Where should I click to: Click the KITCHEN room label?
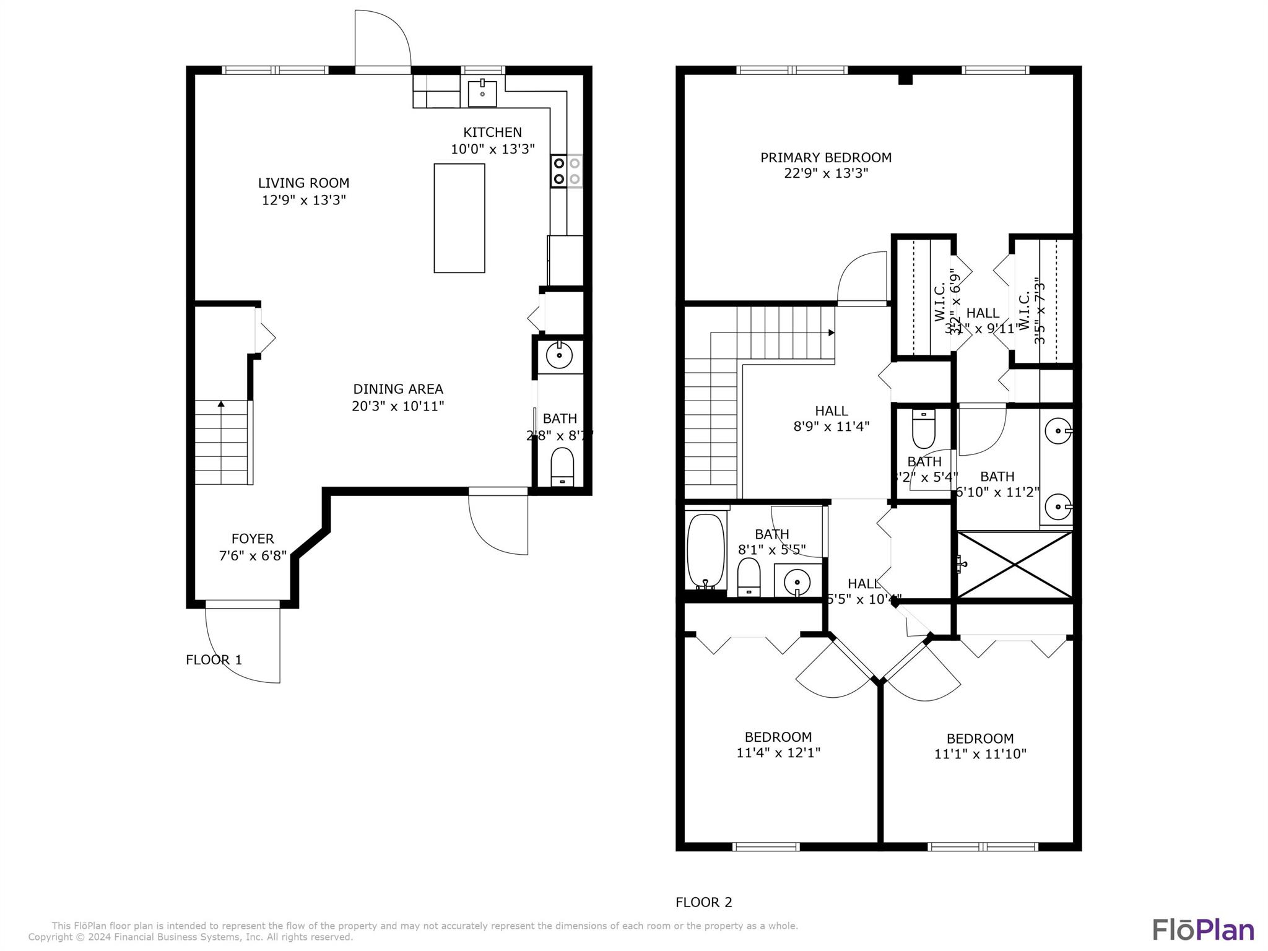[x=492, y=132]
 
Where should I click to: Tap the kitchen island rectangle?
[x=459, y=218]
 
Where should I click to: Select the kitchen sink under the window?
[x=482, y=93]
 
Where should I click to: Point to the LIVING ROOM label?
[x=303, y=183]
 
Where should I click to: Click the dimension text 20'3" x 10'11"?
[x=397, y=406]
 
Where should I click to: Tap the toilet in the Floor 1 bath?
[x=562, y=467]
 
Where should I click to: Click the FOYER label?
[x=253, y=539]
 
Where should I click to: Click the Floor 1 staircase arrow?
[x=221, y=404]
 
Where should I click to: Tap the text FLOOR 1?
[x=214, y=660]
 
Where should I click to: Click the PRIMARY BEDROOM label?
[x=825, y=158]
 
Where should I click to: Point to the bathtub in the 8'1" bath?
[x=705, y=550]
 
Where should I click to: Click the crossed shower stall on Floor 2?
[x=1014, y=565]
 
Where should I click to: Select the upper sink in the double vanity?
[x=1058, y=430]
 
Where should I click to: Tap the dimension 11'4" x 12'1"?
[x=778, y=753]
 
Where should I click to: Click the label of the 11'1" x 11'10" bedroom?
[x=979, y=739]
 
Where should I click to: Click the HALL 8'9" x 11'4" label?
[x=831, y=411]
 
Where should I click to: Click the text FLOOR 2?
[x=703, y=903]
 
